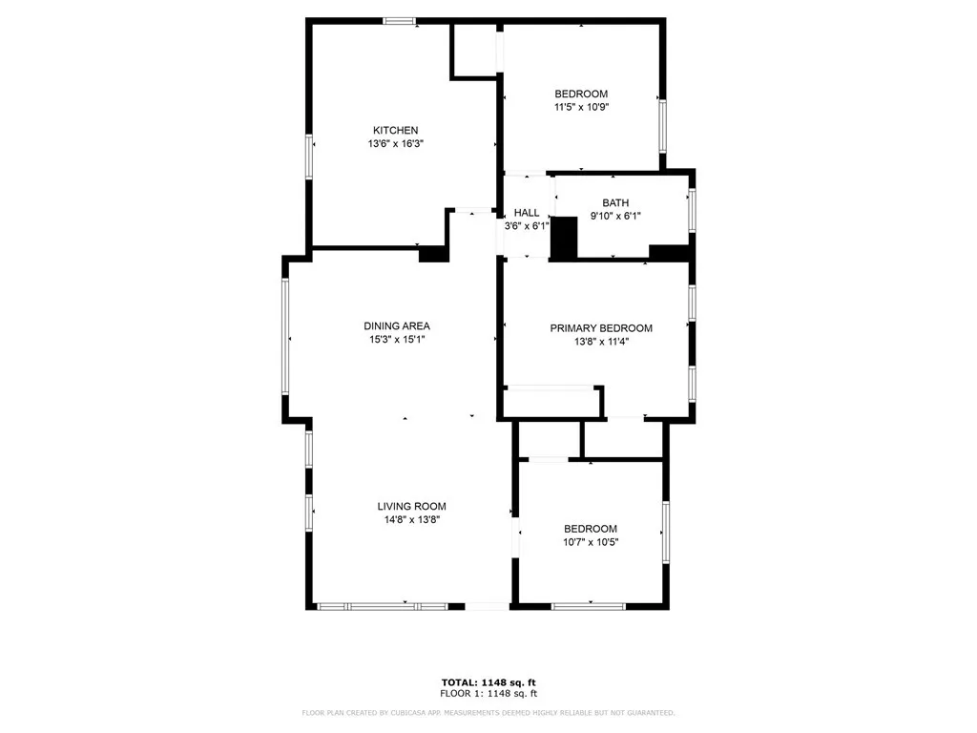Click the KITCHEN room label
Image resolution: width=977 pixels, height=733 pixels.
[x=395, y=130]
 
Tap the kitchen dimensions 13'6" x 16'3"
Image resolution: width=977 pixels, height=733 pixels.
[x=395, y=144]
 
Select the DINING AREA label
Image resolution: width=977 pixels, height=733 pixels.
[x=396, y=325]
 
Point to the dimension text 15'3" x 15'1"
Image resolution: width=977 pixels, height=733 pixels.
[x=396, y=339]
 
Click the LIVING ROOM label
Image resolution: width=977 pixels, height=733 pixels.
[x=411, y=507]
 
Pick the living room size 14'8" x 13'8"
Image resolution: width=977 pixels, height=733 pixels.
[x=411, y=520]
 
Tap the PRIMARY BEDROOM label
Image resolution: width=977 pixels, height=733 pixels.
[x=601, y=327]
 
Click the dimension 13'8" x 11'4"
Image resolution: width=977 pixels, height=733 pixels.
[x=601, y=341]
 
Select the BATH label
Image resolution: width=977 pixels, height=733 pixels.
[x=615, y=202]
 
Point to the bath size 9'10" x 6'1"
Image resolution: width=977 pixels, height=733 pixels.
[x=615, y=216]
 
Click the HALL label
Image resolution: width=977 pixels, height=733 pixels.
[x=527, y=213]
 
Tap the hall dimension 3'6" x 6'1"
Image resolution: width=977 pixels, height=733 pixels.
[x=527, y=226]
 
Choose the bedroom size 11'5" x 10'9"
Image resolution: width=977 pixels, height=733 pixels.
[x=581, y=107]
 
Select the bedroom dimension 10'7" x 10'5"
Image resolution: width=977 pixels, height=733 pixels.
[x=590, y=542]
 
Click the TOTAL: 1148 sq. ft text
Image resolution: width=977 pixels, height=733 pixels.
[x=488, y=681]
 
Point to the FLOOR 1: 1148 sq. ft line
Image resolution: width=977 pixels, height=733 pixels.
[x=488, y=693]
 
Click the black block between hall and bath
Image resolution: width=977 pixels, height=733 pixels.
[x=565, y=239]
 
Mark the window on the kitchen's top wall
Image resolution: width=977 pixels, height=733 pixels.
[x=399, y=20]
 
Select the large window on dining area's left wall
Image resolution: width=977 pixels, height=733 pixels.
[x=284, y=336]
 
